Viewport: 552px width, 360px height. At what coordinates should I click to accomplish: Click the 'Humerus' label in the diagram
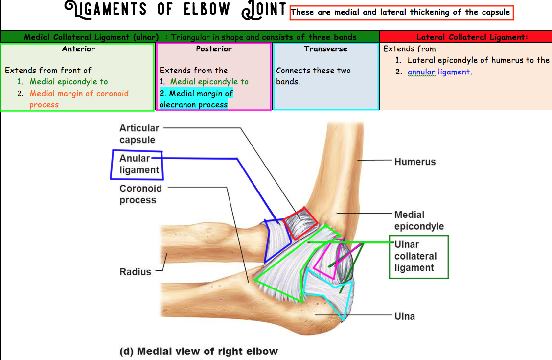(415, 162)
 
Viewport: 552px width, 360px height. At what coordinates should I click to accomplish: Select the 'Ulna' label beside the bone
(405, 316)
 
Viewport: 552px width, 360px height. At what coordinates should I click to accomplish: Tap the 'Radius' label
(136, 272)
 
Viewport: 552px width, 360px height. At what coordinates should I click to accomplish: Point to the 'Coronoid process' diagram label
(140, 194)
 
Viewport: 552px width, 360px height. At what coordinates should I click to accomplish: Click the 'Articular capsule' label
(139, 134)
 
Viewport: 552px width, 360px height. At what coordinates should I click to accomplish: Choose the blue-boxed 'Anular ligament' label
(139, 164)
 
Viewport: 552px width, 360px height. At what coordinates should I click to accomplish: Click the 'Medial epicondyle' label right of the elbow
(419, 220)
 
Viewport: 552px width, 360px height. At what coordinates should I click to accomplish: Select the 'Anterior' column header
(78, 49)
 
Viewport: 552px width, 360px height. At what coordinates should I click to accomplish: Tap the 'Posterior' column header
(214, 49)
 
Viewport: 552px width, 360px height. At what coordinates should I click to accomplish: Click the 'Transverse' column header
(325, 49)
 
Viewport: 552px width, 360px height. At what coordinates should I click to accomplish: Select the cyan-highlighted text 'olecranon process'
(193, 104)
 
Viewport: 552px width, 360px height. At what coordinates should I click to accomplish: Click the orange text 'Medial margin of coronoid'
(79, 93)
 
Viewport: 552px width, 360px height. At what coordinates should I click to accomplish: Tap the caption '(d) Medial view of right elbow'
(199, 351)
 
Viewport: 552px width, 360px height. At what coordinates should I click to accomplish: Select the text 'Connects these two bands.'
(313, 76)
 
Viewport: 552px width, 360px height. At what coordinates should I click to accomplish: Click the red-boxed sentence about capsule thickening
(401, 12)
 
